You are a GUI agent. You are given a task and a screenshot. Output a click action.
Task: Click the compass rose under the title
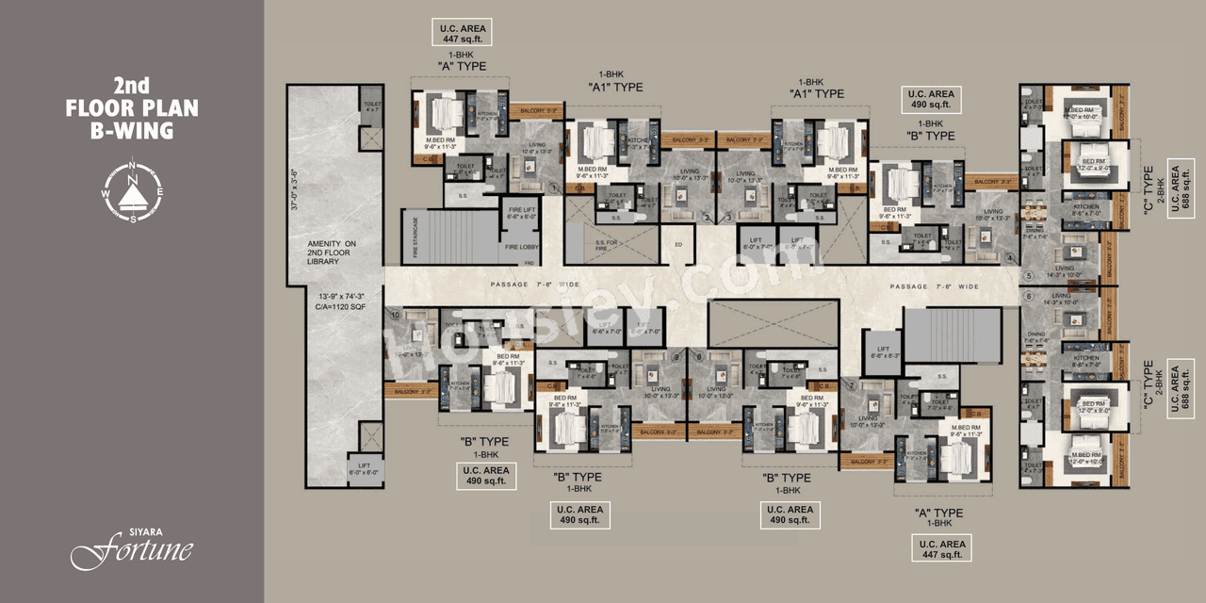pyautogui.click(x=133, y=188)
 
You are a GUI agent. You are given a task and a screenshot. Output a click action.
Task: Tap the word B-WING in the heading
pyautogui.click(x=132, y=131)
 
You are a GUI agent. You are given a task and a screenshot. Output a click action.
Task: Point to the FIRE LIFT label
pyautogui.click(x=522, y=212)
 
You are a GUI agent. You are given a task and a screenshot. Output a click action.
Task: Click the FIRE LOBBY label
pyautogui.click(x=521, y=247)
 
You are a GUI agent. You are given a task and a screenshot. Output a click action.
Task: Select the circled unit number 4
pyautogui.click(x=1008, y=258)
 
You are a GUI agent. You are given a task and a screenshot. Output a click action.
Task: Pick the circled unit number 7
pyautogui.click(x=851, y=384)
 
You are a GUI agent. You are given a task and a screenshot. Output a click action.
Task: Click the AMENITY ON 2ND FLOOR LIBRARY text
pyautogui.click(x=335, y=253)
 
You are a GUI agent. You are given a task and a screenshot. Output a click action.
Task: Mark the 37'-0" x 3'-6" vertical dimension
pyautogui.click(x=295, y=189)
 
